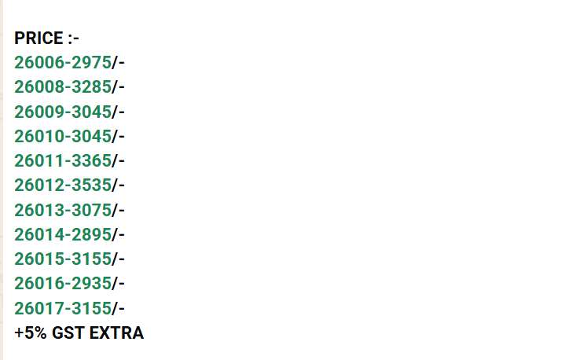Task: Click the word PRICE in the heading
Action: [x=39, y=39]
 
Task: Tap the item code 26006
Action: [x=39, y=62]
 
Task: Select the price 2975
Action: [x=91, y=62]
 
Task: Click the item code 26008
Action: [x=39, y=87]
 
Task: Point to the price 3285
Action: [x=91, y=87]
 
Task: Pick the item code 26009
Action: [x=39, y=112]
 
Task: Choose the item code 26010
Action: [x=39, y=136]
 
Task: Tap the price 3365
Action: [x=91, y=160]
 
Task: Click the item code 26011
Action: [x=39, y=160]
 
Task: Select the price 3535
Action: [x=91, y=185]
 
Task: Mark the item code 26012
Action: [x=39, y=185]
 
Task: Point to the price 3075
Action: [x=91, y=210]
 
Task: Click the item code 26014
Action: [x=39, y=234]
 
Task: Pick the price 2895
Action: [x=91, y=234]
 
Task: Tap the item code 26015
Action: [x=39, y=259]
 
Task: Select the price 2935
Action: [x=91, y=284]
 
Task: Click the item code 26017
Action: [x=39, y=308]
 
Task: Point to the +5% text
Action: [x=31, y=332]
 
